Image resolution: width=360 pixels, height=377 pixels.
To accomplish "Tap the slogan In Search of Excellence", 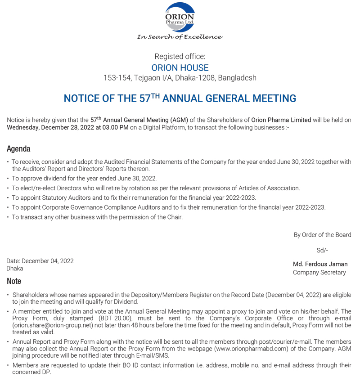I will (180, 37).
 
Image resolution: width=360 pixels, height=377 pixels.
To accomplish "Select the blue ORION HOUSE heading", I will (180, 67).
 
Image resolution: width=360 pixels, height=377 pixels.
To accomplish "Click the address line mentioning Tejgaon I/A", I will (180, 78).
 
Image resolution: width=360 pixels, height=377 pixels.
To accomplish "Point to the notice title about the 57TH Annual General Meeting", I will (180, 98).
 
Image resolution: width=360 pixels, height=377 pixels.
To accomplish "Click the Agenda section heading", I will (18, 149).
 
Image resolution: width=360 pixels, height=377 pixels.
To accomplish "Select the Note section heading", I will (14, 281).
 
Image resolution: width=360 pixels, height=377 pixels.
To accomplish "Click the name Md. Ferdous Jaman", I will (320, 264).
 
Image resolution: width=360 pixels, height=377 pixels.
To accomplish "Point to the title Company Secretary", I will (319, 272).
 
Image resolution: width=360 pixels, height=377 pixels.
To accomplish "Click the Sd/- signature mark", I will (322, 251).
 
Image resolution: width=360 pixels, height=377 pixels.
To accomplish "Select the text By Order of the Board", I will (322, 235).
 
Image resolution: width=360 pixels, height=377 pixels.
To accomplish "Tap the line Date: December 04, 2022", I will (40, 261).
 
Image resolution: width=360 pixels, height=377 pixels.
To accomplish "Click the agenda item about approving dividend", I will (84, 179).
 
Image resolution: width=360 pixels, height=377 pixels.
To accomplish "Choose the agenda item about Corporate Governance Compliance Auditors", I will (168, 207).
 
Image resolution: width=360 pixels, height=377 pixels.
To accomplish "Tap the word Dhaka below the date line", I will (15, 269).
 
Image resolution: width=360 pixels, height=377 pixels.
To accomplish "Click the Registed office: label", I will (180, 57).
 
